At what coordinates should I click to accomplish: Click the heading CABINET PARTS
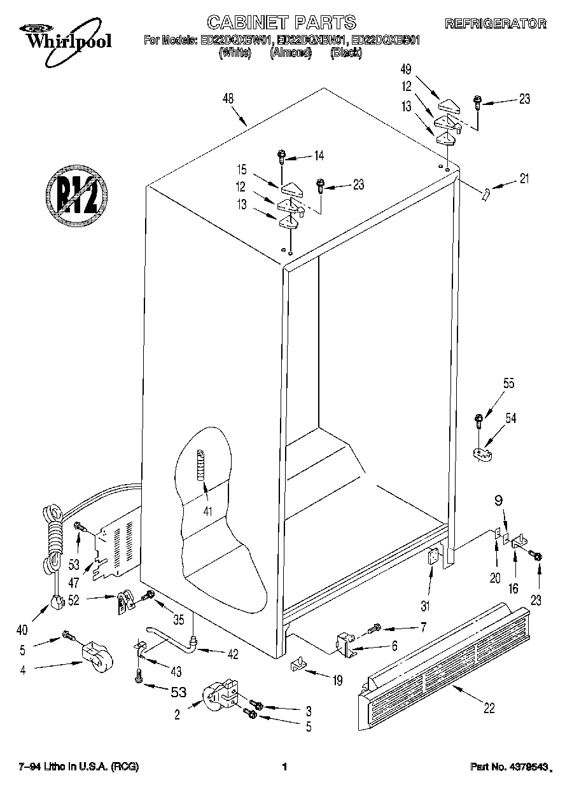282,22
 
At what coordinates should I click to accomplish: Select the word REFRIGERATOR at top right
495,24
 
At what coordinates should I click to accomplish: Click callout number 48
228,98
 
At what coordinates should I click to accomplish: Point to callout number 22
489,707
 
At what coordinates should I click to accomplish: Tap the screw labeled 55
478,421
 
